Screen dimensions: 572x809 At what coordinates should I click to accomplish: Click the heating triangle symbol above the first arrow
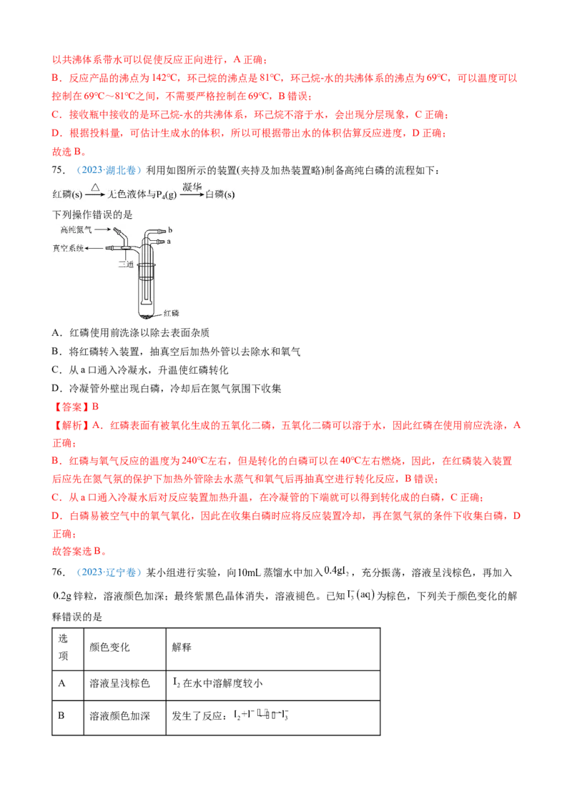95,187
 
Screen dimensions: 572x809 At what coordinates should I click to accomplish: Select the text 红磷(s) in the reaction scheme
67,194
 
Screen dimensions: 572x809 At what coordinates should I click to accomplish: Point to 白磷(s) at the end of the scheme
220,194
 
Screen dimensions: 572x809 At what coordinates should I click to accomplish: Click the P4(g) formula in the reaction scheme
165,195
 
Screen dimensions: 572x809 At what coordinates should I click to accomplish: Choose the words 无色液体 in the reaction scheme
128,194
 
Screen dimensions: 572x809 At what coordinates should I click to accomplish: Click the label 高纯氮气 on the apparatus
77,229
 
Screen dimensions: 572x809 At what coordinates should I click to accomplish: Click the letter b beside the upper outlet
169,230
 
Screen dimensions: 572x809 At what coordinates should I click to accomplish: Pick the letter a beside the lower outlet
169,242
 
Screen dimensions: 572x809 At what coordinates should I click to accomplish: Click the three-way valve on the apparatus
126,248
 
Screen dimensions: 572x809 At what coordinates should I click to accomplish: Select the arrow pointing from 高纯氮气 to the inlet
102,229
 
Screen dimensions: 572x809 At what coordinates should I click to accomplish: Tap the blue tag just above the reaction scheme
109,172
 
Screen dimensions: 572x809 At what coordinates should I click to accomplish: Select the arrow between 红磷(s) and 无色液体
95,194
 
